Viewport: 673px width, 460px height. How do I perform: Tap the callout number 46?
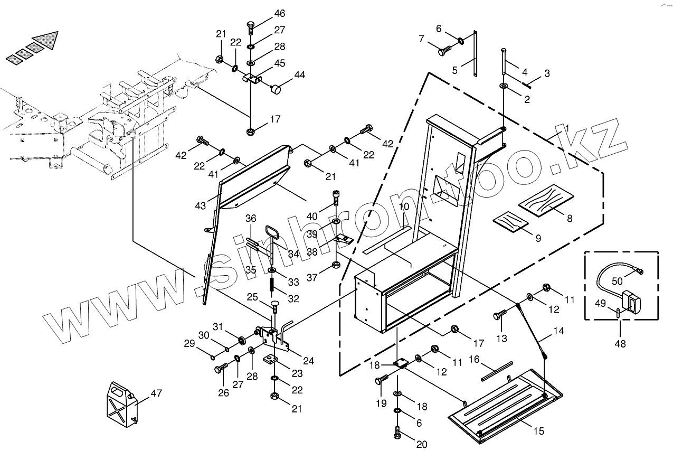point(279,13)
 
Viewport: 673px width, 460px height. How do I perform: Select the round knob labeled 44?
point(276,90)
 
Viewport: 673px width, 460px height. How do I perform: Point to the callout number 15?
point(538,431)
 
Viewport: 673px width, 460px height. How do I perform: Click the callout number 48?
point(620,344)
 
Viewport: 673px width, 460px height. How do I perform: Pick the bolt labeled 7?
point(444,51)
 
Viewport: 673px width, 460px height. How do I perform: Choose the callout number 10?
point(404,206)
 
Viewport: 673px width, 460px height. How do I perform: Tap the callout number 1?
point(567,128)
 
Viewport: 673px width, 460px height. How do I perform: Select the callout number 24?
point(308,361)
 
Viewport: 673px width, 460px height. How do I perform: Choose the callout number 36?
point(251,219)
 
